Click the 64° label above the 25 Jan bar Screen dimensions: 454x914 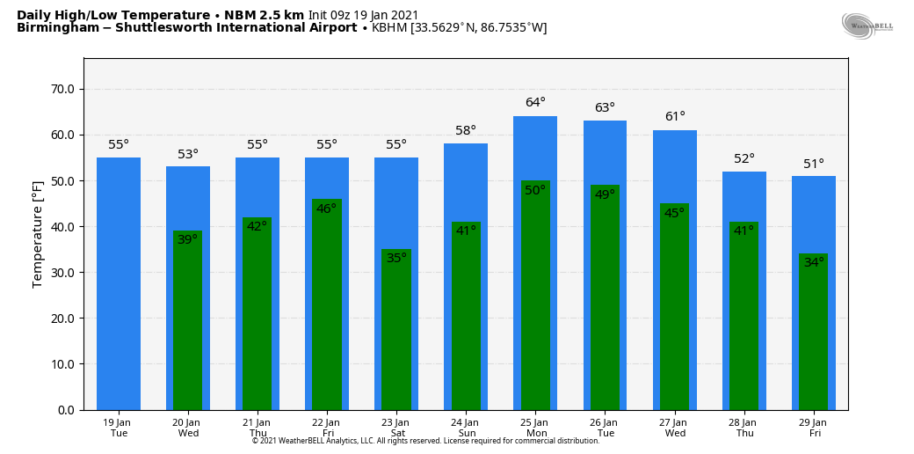[x=535, y=103]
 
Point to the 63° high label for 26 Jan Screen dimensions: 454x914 [x=605, y=108]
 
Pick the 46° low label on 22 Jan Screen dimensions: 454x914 [x=327, y=209]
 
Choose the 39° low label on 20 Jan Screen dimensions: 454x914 [x=188, y=240]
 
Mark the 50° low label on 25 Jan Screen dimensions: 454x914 [x=535, y=191]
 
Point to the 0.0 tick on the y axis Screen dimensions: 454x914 [x=66, y=410]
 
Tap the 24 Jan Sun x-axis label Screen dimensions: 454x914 [x=466, y=428]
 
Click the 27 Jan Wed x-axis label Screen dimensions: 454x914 [x=674, y=428]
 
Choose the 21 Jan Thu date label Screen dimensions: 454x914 [x=258, y=428]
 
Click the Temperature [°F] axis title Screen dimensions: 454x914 [x=38, y=234]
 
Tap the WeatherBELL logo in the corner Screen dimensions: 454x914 [x=867, y=26]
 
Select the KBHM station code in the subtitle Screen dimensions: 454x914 [x=389, y=28]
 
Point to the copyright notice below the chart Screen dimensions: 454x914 [x=425, y=441]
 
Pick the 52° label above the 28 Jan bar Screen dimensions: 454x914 [x=744, y=159]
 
